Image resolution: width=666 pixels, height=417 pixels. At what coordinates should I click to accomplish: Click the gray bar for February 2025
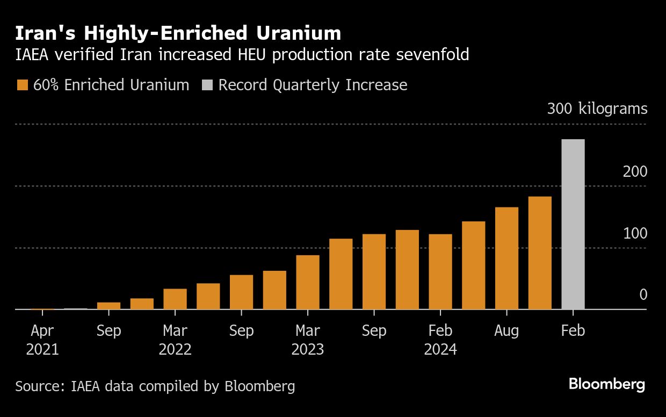pos(573,224)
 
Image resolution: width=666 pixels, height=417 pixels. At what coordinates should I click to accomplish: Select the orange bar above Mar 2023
pos(308,282)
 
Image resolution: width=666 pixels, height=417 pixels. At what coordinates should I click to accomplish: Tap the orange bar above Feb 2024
pos(440,271)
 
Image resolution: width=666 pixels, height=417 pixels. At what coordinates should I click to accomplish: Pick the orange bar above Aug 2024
pos(506,258)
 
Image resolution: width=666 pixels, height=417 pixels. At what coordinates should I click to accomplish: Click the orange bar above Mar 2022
pos(175,299)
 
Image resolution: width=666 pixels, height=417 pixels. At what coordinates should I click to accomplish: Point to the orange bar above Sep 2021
pos(109,306)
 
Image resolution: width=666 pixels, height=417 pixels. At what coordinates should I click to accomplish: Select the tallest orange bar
pos(540,253)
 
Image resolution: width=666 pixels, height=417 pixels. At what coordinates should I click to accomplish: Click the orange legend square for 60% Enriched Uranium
pos(22,85)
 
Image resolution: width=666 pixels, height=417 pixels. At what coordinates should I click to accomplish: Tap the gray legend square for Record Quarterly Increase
pos(207,85)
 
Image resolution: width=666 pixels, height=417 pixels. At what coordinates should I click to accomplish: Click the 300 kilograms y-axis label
pos(597,109)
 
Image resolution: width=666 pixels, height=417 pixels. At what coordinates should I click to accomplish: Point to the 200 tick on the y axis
pos(635,172)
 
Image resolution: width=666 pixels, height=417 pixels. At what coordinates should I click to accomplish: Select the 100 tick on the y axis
pos(635,234)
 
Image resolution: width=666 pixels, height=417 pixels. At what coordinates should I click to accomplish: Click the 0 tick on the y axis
pos(643,295)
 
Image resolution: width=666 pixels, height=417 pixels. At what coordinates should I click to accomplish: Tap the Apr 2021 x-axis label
pos(42,340)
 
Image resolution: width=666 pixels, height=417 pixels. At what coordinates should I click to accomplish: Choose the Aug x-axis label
pos(506,330)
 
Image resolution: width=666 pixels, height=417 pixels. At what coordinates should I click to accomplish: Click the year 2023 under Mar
pos(308,350)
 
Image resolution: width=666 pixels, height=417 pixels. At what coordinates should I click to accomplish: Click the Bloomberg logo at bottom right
pos(606,384)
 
